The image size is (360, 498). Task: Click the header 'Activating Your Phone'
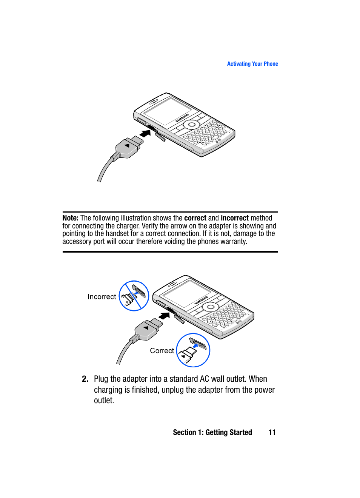[x=252, y=64]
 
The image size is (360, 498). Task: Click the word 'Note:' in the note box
[x=70, y=218]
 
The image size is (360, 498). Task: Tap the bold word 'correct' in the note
[x=195, y=218]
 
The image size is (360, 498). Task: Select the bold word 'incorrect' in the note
[x=234, y=218]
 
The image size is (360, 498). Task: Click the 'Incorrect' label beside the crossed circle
[x=102, y=297]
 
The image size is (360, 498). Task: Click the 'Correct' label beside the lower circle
[x=162, y=351]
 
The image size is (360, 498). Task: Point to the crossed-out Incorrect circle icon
[x=134, y=296]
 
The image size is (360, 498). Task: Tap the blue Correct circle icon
[x=193, y=350]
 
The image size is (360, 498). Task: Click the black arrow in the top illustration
[x=145, y=134]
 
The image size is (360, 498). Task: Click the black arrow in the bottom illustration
[x=164, y=316]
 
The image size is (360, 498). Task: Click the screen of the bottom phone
[x=186, y=293]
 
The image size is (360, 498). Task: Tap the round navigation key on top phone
[x=192, y=125]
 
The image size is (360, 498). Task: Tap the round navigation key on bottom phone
[x=211, y=307]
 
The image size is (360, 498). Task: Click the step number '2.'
[x=85, y=379]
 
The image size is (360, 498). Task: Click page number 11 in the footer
[x=272, y=433]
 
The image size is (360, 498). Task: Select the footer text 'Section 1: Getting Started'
[x=212, y=433]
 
